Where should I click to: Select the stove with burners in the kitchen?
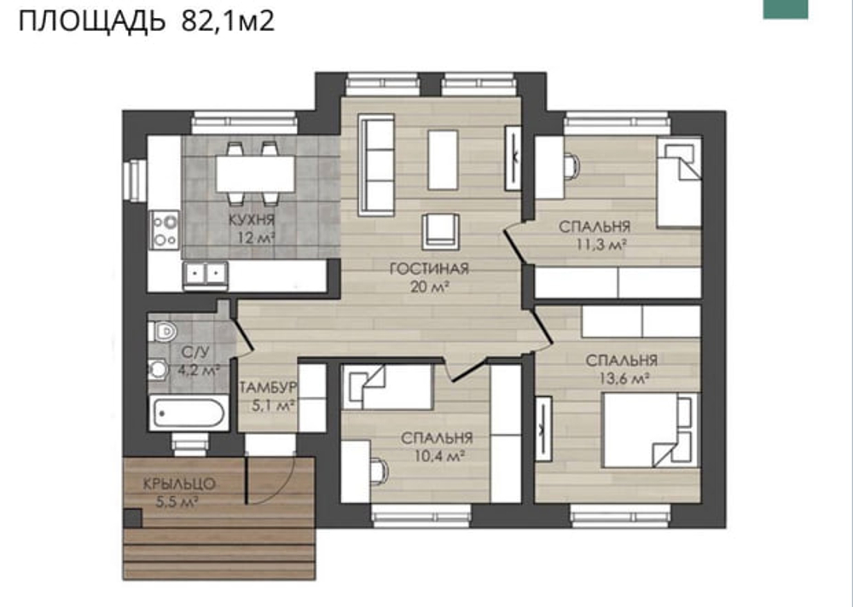tap(165, 230)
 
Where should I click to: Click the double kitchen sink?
tap(205, 275)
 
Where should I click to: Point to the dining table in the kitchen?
tap(255, 174)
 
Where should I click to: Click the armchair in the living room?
tap(441, 231)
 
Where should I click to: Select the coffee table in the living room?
tap(443, 159)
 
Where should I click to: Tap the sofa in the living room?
tap(375, 165)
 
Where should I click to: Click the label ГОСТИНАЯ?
tap(429, 269)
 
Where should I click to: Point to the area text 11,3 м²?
tap(601, 245)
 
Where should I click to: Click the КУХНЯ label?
tap(252, 220)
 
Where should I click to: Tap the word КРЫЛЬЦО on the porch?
tap(179, 483)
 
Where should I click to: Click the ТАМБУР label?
tap(268, 387)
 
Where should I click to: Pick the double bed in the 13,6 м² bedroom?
tap(650, 430)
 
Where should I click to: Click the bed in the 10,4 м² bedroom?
tap(386, 387)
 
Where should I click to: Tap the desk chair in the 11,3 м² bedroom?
tap(570, 166)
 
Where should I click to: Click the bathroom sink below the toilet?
tap(159, 370)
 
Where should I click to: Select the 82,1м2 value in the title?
tap(228, 20)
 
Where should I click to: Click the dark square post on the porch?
tap(132, 518)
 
